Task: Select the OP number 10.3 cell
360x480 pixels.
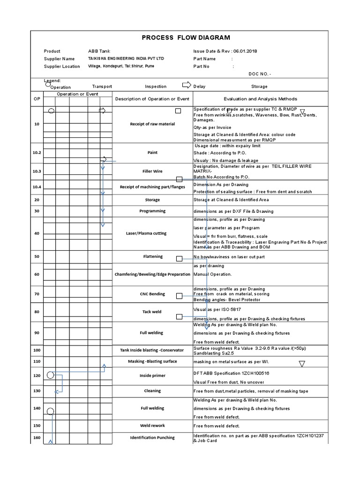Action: (37, 172)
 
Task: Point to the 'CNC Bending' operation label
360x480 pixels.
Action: (152, 294)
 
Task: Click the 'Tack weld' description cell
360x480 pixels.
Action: (152, 312)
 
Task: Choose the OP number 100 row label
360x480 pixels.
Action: (37, 350)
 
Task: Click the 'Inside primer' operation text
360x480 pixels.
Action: (152, 375)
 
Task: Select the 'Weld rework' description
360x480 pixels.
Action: (152, 426)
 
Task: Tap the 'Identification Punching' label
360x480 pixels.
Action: (152, 437)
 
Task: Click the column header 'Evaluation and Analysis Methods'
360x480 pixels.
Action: (260, 99)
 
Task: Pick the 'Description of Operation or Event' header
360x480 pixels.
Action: (152, 99)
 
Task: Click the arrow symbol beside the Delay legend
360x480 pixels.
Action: (186, 85)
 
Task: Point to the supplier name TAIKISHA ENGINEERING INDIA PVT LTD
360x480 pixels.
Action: (126, 59)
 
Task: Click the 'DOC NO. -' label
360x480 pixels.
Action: (260, 74)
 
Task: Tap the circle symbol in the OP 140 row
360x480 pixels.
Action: (50, 411)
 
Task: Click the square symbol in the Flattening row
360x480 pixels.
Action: (179, 259)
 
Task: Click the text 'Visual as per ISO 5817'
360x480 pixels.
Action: (217, 310)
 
